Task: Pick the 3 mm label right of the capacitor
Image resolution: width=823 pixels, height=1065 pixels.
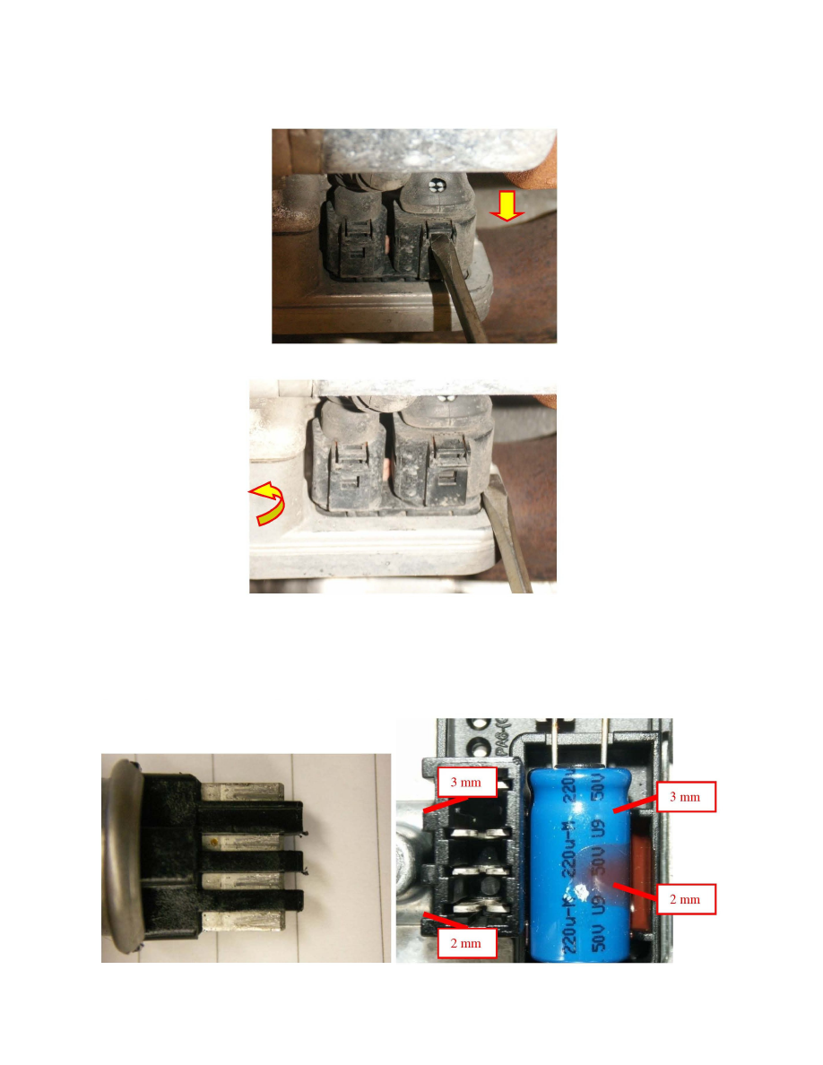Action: [687, 795]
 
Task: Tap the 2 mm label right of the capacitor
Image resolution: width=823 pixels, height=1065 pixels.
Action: [687, 897]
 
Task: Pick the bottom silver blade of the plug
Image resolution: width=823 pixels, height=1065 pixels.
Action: [238, 922]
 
